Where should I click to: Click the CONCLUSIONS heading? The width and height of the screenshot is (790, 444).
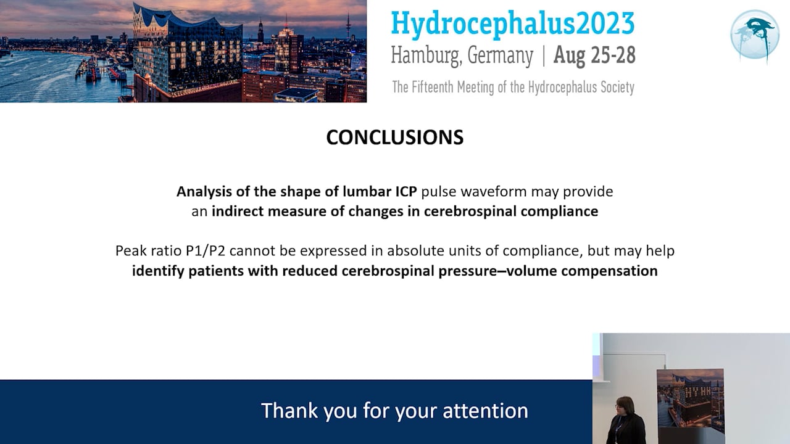pos(394,138)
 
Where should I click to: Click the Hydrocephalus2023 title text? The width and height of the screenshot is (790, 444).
pos(512,23)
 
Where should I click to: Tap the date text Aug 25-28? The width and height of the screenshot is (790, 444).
pos(594,55)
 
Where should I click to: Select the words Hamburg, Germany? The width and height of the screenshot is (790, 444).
pos(462,56)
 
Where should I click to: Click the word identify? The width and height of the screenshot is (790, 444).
pos(157,271)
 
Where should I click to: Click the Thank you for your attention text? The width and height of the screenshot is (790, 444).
pos(394,411)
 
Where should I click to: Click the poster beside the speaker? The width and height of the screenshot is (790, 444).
pos(690,405)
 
